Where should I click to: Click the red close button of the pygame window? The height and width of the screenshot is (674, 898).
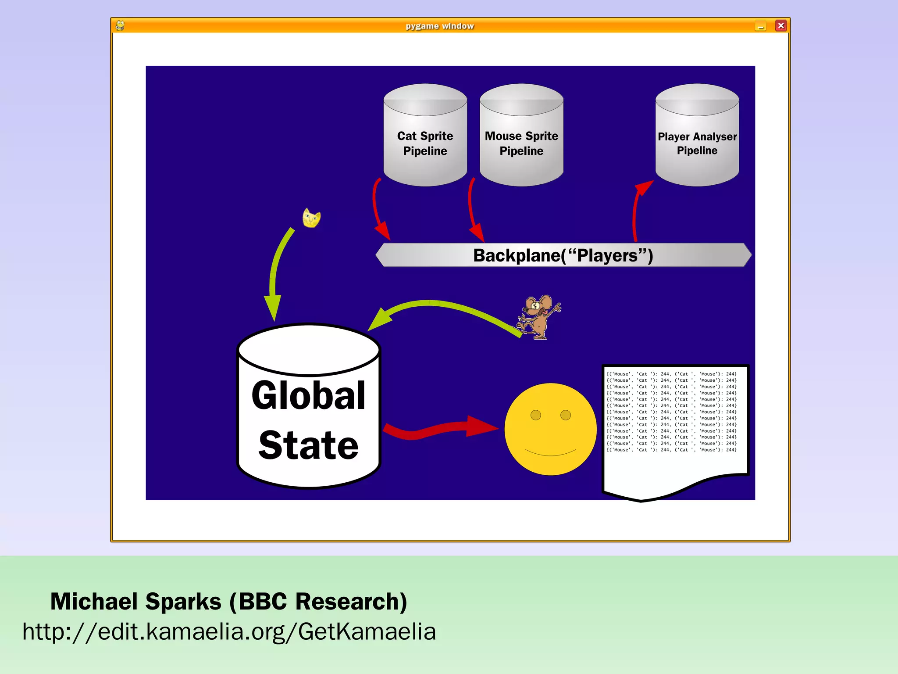tap(781, 26)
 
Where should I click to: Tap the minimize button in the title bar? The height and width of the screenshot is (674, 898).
tap(761, 26)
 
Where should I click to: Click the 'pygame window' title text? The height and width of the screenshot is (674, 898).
tap(440, 26)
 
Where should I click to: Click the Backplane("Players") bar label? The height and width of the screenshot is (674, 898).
tap(563, 255)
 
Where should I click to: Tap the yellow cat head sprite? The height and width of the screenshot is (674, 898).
tap(311, 218)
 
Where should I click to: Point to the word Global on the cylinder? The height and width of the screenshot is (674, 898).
tap(308, 396)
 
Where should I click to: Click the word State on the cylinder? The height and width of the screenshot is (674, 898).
tap(308, 445)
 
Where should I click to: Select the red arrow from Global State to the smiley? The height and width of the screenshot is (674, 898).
tap(438, 428)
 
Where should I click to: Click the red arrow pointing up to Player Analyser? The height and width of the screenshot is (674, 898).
tap(636, 211)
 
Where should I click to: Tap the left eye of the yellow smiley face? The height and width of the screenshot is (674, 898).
tap(536, 415)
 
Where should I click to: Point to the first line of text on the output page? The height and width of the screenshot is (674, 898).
tap(671, 374)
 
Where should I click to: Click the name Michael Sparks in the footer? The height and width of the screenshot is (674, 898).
tap(136, 602)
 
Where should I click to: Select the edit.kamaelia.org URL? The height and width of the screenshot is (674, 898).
tap(229, 632)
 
